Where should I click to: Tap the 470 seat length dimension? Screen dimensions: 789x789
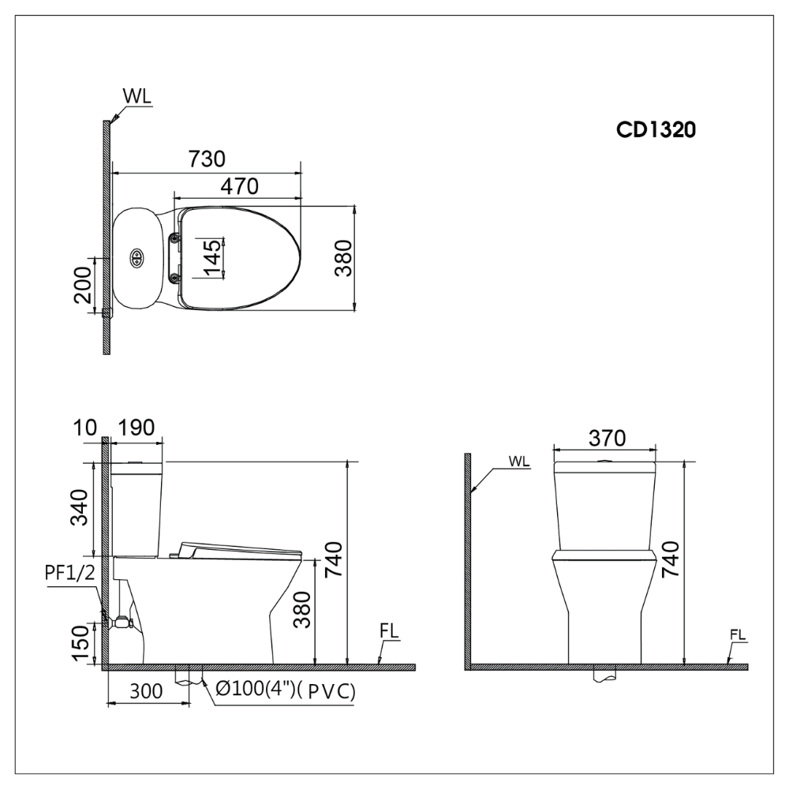(x=240, y=186)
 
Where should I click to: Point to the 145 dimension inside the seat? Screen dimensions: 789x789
(x=211, y=257)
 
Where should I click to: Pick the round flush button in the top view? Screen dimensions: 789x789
(x=136, y=257)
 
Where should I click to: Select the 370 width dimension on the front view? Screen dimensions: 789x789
(x=605, y=438)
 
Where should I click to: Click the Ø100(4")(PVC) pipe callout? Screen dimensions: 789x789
(x=285, y=691)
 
